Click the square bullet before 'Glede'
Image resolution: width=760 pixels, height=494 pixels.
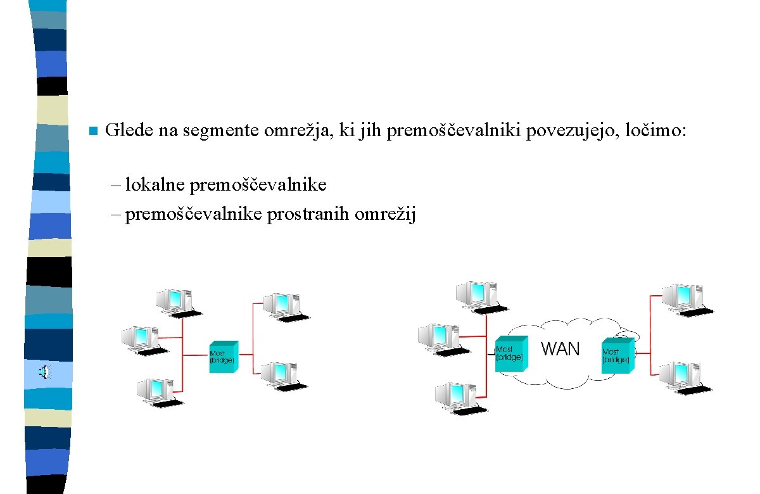pos(92,131)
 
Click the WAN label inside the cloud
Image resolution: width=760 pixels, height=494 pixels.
pos(560,349)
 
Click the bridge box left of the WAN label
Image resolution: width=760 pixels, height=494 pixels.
pos(511,353)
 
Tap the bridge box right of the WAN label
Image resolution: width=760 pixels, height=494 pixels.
pos(617,355)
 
